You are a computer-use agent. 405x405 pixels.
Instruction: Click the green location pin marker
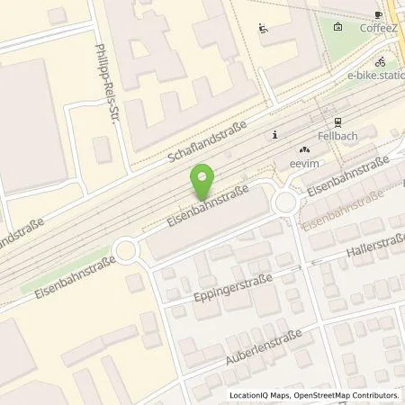204,183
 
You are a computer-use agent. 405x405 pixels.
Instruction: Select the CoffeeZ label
379,28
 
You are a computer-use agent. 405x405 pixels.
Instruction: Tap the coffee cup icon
379,14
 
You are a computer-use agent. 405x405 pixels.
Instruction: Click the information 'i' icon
275,135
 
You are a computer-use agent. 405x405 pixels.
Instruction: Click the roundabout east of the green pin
287,202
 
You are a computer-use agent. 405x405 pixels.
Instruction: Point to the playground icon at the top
262,28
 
